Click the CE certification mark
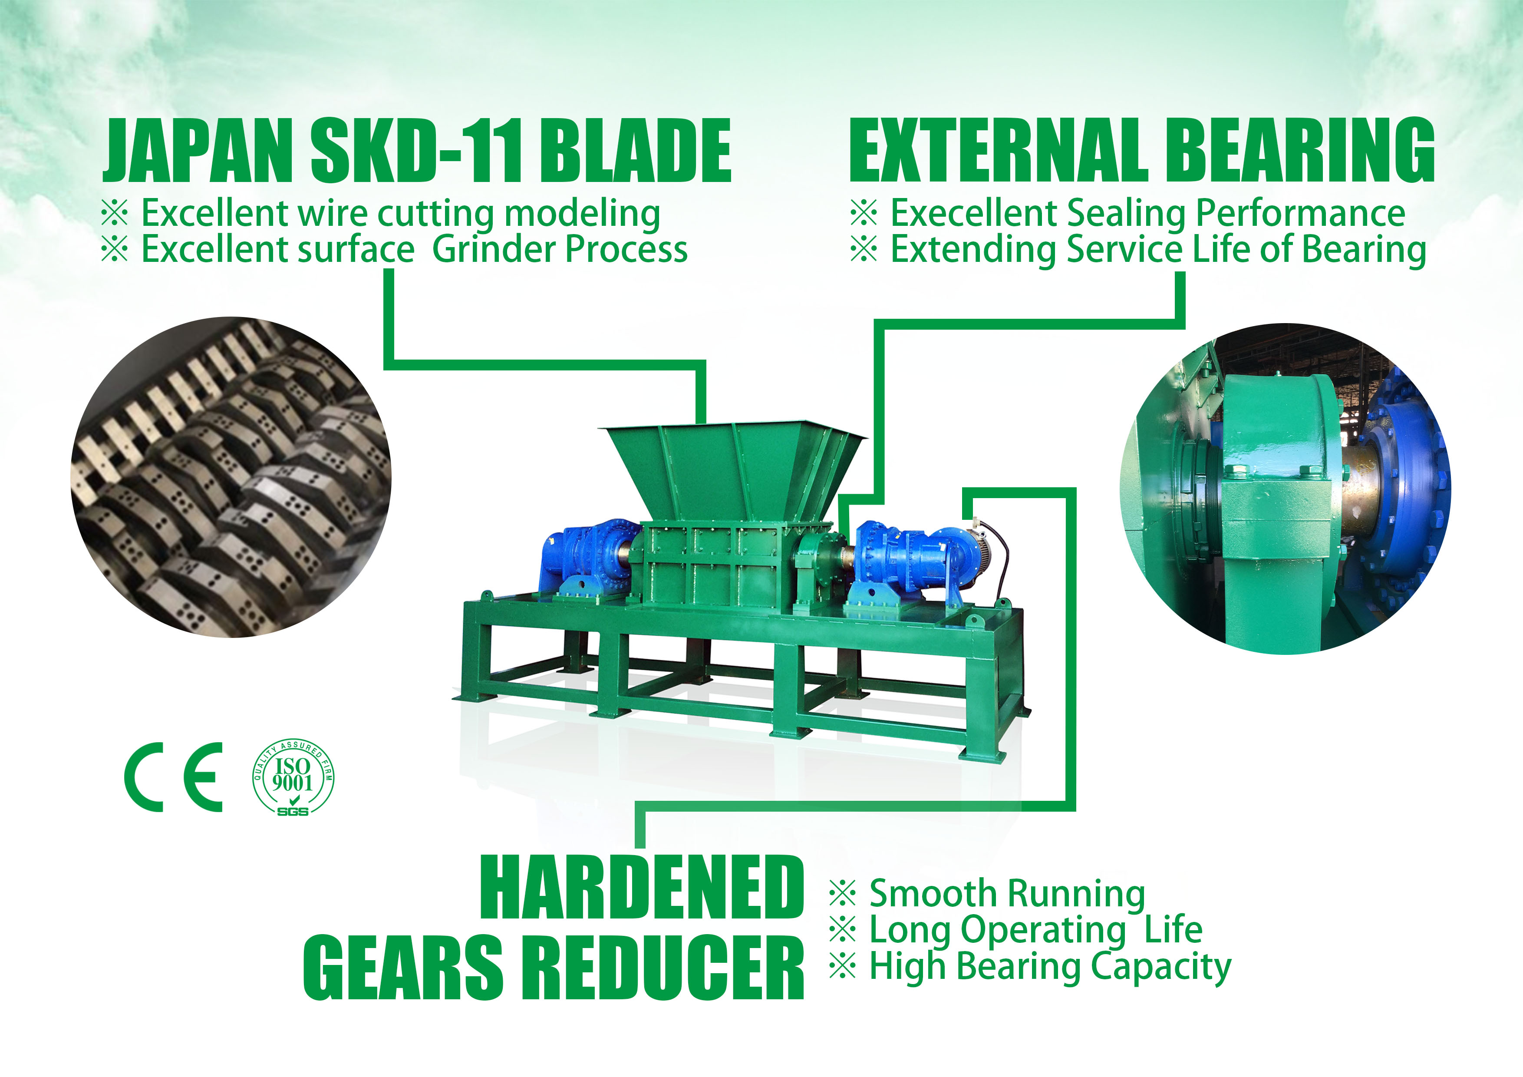tap(174, 777)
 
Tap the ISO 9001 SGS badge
tap(293, 777)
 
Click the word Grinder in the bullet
tap(493, 250)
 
